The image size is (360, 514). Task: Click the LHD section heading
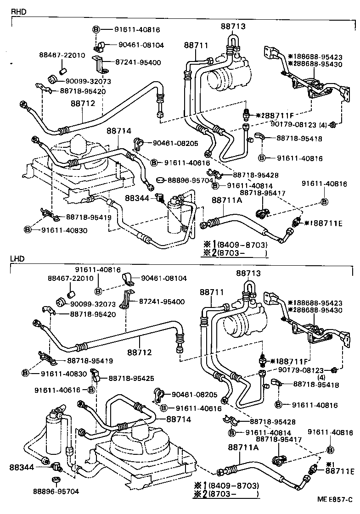pyautogui.click(x=17, y=259)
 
